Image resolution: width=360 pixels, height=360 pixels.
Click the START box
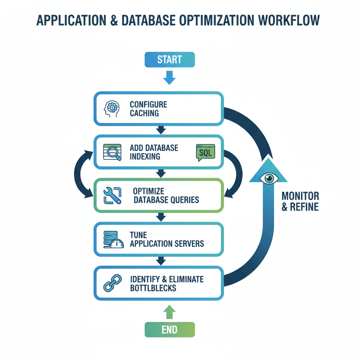(169, 59)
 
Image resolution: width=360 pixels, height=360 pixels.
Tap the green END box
(169, 330)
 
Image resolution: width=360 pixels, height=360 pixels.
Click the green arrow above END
(169, 311)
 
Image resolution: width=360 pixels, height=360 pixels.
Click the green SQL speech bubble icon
(205, 152)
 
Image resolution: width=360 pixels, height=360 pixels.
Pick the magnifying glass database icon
(112, 152)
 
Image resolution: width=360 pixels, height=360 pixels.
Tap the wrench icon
(112, 195)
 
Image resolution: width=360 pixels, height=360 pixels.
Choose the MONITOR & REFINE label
(300, 201)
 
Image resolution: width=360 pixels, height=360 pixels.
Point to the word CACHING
(144, 113)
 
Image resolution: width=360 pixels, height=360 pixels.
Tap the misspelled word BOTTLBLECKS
(153, 288)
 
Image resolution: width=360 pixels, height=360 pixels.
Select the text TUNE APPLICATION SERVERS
(166, 239)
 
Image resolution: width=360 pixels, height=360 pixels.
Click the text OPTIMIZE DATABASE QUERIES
(166, 195)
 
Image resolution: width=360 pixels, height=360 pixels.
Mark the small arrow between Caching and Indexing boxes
(161, 130)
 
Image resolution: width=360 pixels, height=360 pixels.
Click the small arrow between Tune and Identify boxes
(161, 261)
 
